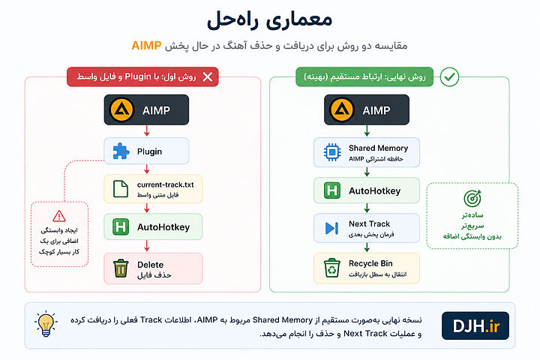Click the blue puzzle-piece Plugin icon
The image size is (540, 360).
pyautogui.click(x=121, y=151)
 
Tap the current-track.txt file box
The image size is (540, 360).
pyautogui.click(x=153, y=189)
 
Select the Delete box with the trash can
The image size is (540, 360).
pyautogui.click(x=153, y=268)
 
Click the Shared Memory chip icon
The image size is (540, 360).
pyautogui.click(x=332, y=152)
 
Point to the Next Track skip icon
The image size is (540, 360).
pyautogui.click(x=331, y=228)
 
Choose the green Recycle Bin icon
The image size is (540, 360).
pyautogui.click(x=331, y=268)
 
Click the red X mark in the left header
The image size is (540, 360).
pyautogui.click(x=207, y=76)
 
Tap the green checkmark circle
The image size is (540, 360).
pyautogui.click(x=449, y=76)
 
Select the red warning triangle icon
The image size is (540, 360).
pyautogui.click(x=59, y=216)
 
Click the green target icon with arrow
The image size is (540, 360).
pyautogui.click(x=472, y=198)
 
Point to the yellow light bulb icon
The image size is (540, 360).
pyautogui.click(x=46, y=323)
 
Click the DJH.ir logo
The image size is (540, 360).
pyautogui.click(x=475, y=326)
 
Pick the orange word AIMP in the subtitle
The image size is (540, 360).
pyautogui.click(x=146, y=46)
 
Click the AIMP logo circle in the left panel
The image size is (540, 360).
pyautogui.click(x=121, y=110)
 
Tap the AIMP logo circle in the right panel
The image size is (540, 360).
pyautogui.click(x=342, y=110)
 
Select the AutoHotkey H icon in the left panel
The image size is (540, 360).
pyautogui.click(x=121, y=227)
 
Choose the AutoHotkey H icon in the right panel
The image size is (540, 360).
pyautogui.click(x=332, y=190)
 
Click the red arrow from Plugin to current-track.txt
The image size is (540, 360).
pyautogui.click(x=147, y=169)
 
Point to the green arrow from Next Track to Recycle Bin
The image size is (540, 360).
pyautogui.click(x=367, y=247)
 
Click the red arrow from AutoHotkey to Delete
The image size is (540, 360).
pyautogui.click(x=147, y=246)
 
